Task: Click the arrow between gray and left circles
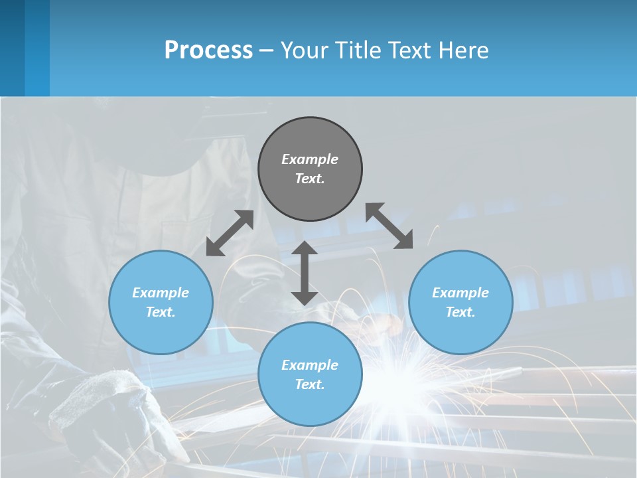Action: pyautogui.click(x=230, y=233)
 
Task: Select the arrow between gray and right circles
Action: pyautogui.click(x=389, y=226)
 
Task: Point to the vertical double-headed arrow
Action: pyautogui.click(x=305, y=273)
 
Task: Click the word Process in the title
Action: pyautogui.click(x=208, y=50)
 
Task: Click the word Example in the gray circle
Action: pyautogui.click(x=310, y=159)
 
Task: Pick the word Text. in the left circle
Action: pyautogui.click(x=161, y=312)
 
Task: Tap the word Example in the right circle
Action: pyautogui.click(x=460, y=293)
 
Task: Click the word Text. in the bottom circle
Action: pyautogui.click(x=310, y=384)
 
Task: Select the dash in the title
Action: pyautogui.click(x=267, y=50)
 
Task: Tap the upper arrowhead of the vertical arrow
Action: pyautogui.click(x=305, y=249)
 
